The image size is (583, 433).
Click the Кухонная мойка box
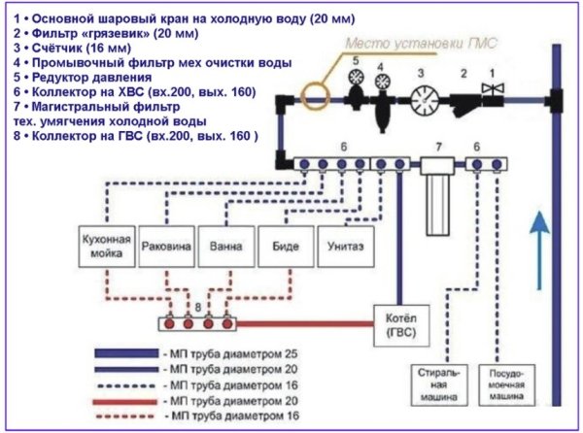point(106,247)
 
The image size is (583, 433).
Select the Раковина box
point(167,247)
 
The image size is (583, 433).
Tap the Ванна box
point(226,247)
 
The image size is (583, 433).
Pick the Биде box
point(286,247)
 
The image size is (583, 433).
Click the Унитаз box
point(345,247)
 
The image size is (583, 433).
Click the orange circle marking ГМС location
point(314,97)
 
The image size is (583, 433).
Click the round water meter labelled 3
point(424,102)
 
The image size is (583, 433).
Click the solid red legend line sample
point(132,401)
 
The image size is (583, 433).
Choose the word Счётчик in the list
point(52,47)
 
